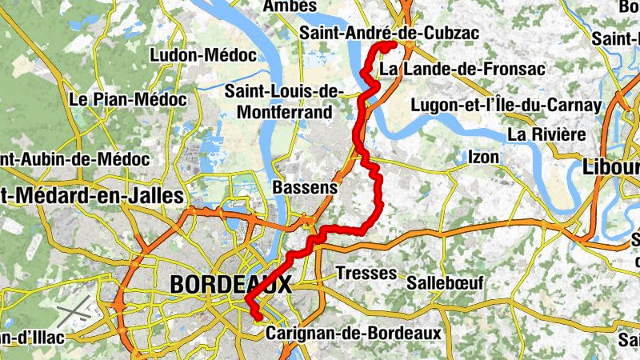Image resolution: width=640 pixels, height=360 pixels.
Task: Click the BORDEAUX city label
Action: click(230, 284)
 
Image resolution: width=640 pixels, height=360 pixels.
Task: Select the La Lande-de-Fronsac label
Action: click(462, 70)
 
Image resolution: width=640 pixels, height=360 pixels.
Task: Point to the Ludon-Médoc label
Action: click(203, 55)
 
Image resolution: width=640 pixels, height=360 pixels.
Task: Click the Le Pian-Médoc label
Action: click(128, 100)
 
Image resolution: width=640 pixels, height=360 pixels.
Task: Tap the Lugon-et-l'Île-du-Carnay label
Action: click(505, 105)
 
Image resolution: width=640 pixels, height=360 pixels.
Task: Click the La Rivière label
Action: click(546, 134)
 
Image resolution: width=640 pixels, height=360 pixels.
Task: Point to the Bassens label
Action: click(305, 186)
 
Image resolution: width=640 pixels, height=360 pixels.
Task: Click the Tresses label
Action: click(366, 273)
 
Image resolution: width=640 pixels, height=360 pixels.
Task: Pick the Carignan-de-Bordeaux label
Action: click(354, 331)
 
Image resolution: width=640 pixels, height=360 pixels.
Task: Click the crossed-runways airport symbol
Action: click(74, 309)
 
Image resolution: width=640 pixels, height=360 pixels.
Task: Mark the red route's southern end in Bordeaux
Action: click(259, 318)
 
